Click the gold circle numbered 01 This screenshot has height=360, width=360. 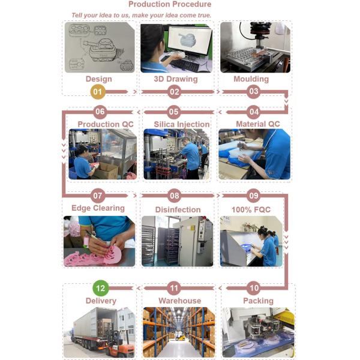click(98, 92)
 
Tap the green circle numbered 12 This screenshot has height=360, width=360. click(100, 288)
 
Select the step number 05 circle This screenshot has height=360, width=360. click(174, 112)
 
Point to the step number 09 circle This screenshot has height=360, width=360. click(253, 196)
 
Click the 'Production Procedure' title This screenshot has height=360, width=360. click(170, 4)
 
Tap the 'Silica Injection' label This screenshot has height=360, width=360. click(182, 124)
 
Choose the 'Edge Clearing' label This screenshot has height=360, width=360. click(98, 208)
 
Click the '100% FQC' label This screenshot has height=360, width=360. click(251, 209)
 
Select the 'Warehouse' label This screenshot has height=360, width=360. click(180, 301)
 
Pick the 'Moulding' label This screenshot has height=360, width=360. click(251, 79)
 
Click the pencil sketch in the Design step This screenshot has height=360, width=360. click(100, 47)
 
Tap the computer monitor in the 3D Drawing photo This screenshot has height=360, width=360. click(190, 41)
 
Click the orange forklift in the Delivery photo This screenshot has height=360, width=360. click(118, 343)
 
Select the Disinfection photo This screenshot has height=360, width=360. click(177, 241)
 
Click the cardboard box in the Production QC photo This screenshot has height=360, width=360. click(107, 170)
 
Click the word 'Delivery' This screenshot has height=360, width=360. click(101, 301)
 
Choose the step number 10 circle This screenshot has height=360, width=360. click(254, 288)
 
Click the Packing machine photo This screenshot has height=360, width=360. click(258, 332)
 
